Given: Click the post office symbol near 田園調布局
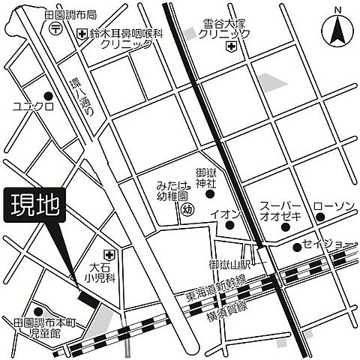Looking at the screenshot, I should coord(56,28).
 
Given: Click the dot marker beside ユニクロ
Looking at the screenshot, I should coord(49,96).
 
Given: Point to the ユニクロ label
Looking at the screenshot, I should coord(28,107).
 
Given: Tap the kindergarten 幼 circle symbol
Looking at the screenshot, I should coord(187,210).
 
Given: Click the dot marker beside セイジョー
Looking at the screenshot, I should coord(296,246).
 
